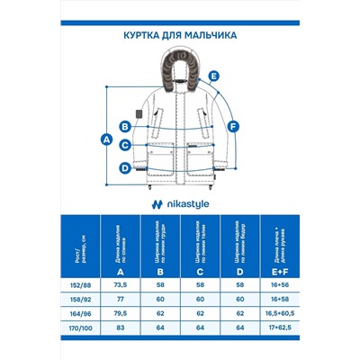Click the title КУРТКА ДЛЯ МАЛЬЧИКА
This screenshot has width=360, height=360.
coord(179,37)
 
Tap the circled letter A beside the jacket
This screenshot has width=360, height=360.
coord(107,139)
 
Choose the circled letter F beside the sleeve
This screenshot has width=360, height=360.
coord(233,127)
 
